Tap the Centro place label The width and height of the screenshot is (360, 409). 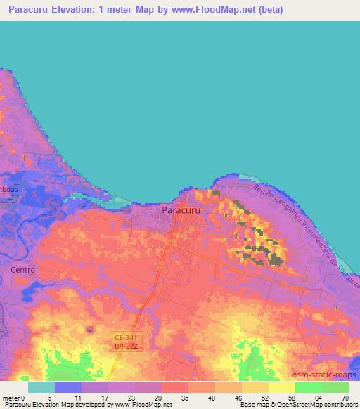point(23,269)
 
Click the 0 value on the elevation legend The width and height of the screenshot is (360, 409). point(22,398)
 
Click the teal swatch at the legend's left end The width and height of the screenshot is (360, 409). point(41,387)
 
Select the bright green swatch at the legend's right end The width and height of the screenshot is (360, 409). point(335,387)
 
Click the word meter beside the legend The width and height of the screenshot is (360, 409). point(10,398)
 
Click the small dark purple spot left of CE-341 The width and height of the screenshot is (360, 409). point(89,329)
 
